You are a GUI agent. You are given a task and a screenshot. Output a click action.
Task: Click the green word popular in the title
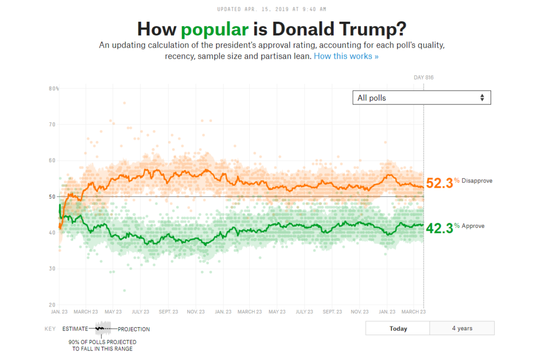pyautogui.click(x=214, y=29)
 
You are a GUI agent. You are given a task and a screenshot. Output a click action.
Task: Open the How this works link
pyautogui.click(x=346, y=56)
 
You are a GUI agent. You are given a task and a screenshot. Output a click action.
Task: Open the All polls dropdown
pyautogui.click(x=422, y=98)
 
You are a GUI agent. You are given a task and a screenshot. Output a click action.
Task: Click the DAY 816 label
pyautogui.click(x=424, y=78)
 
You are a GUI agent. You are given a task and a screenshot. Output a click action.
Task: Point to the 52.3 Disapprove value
pyautogui.click(x=440, y=183)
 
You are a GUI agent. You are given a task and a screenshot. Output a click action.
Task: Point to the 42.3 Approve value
pyautogui.click(x=440, y=228)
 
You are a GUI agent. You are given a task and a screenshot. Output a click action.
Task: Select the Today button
pyautogui.click(x=398, y=328)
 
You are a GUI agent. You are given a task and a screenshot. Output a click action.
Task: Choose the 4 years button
pyautogui.click(x=462, y=328)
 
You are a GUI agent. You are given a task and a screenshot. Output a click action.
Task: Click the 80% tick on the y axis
pyautogui.click(x=54, y=89)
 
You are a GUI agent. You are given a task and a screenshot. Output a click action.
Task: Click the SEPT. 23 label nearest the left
pyautogui.click(x=168, y=312)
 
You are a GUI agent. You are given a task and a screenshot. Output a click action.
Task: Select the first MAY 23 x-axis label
pyautogui.click(x=113, y=312)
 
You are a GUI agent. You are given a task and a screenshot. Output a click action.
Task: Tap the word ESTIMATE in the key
pyautogui.click(x=75, y=329)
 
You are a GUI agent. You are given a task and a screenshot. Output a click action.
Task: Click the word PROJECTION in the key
pyautogui.click(x=134, y=329)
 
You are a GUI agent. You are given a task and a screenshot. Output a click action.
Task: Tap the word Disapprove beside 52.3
pyautogui.click(x=477, y=181)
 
